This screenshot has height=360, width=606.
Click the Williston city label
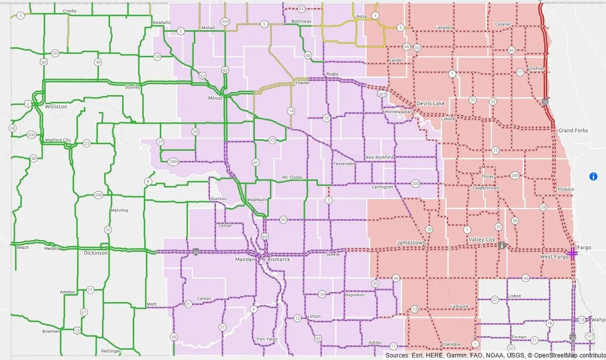pos(56,107)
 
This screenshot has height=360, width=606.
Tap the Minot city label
pos(215,98)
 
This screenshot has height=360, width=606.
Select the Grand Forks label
pos(573,130)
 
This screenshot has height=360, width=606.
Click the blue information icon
pos(593,176)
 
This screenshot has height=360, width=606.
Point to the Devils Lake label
pos(431,103)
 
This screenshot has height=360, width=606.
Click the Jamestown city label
pos(411,242)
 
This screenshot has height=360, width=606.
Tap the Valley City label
pos(481,240)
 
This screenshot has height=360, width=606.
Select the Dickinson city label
pos(95,253)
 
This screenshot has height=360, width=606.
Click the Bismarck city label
pos(278,259)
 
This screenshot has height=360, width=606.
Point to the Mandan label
pos(245,259)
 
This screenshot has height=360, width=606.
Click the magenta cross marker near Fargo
pos(572,252)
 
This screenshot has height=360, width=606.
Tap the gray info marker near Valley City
pos(501,245)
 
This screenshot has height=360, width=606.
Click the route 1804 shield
pos(173,161)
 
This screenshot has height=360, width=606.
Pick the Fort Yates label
pos(267,339)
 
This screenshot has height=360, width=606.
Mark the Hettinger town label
pos(110,350)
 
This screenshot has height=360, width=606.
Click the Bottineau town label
pos(301,22)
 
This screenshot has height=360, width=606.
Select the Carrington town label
pos(382,187)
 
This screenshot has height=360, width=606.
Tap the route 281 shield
pos(382,95)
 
